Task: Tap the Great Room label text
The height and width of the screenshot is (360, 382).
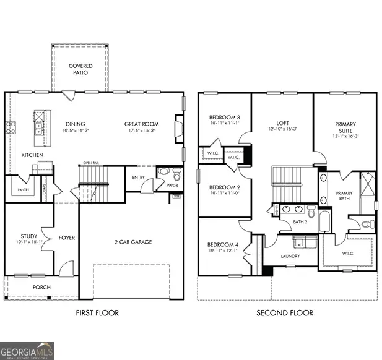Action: tap(138, 124)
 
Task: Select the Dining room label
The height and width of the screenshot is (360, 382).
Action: tap(74, 124)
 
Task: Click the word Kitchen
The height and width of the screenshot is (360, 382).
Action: tap(32, 155)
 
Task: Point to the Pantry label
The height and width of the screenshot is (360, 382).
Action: tap(24, 191)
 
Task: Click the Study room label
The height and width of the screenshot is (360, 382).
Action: tap(28, 236)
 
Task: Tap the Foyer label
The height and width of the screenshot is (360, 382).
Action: tap(66, 237)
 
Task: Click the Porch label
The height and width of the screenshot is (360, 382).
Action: tap(41, 287)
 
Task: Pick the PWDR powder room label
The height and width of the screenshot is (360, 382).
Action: tap(171, 184)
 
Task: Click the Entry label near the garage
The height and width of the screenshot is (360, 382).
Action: tap(139, 178)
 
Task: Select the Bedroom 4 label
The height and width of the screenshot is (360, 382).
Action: tap(224, 246)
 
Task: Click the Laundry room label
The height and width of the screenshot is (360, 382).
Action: tap(290, 256)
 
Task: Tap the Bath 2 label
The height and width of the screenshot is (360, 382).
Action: tap(300, 221)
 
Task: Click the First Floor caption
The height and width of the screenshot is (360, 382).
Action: tap(97, 313)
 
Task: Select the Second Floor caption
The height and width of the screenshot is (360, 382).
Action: tap(285, 313)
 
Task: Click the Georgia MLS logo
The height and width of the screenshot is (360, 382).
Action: tap(27, 350)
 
